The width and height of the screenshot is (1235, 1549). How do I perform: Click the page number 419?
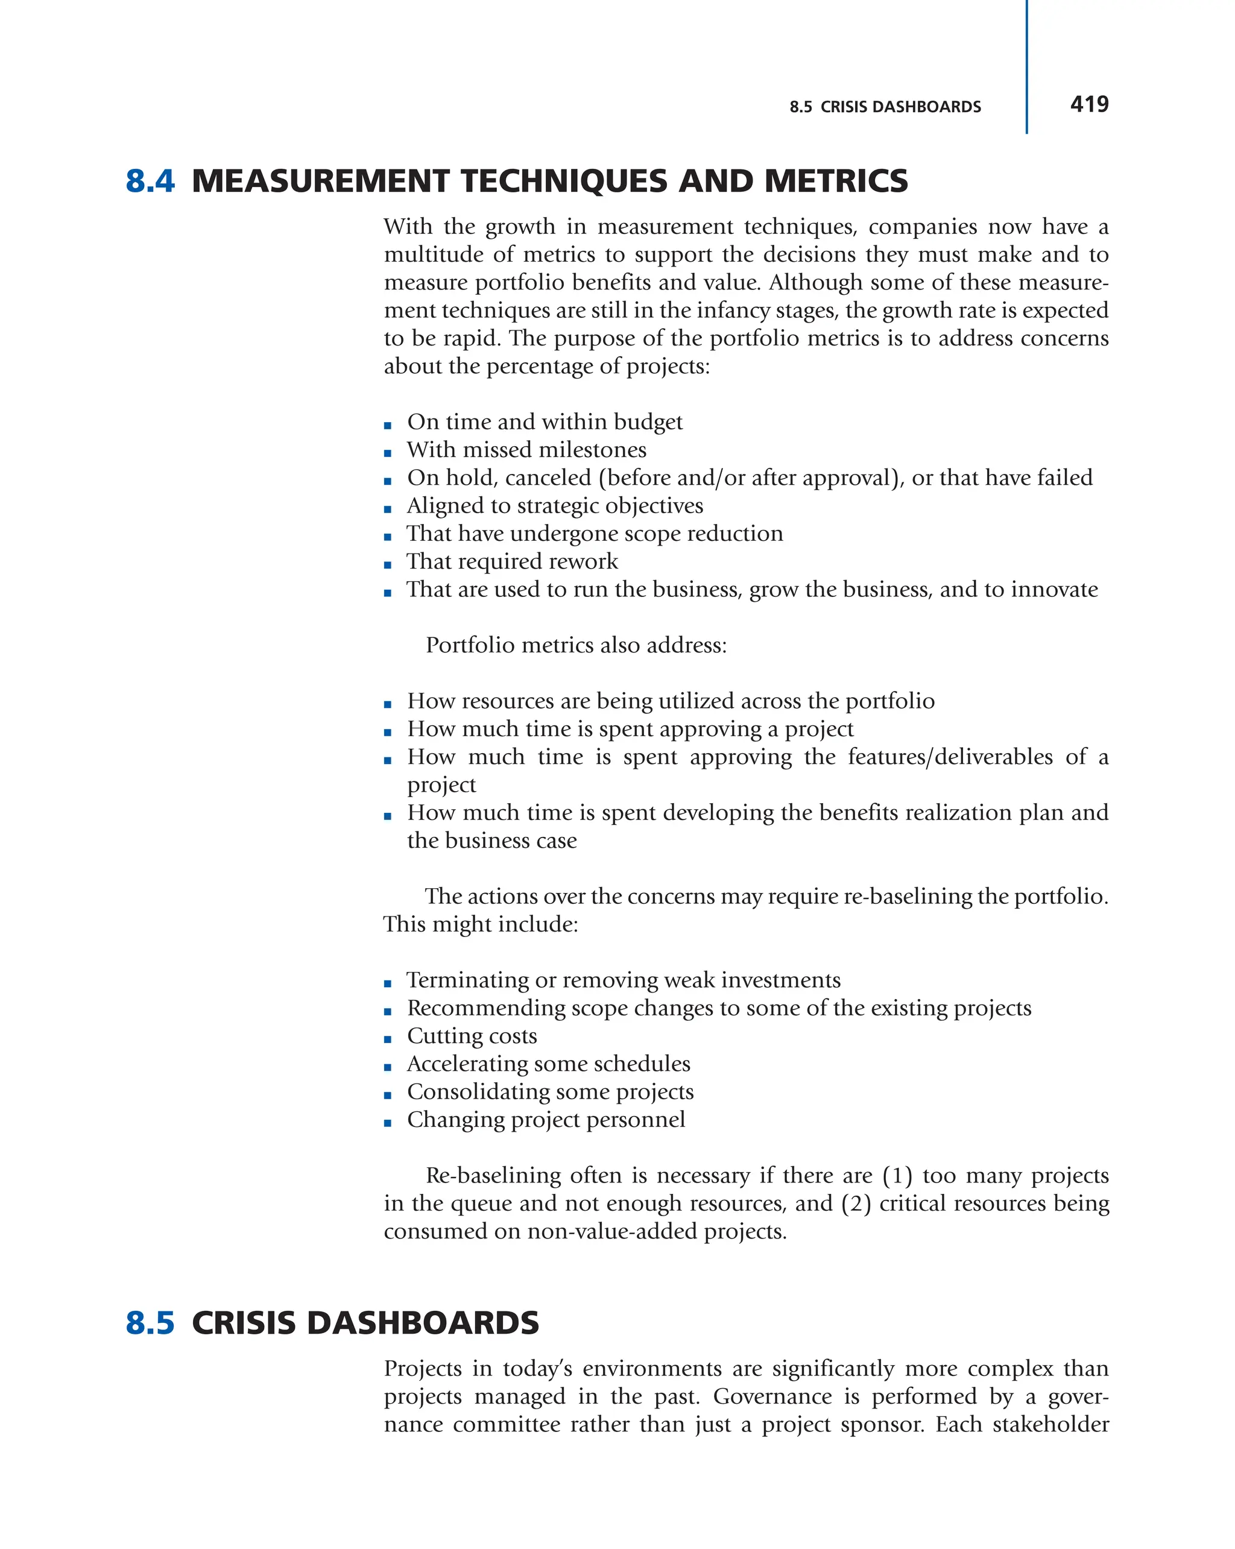(x=1088, y=104)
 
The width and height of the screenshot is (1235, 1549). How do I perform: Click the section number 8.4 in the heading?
(x=150, y=181)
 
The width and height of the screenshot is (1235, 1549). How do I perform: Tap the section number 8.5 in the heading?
(x=150, y=1323)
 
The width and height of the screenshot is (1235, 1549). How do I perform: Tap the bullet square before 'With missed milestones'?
(x=388, y=453)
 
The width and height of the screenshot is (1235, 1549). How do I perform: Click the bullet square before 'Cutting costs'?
(x=388, y=1039)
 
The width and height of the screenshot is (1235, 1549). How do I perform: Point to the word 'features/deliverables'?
(x=950, y=757)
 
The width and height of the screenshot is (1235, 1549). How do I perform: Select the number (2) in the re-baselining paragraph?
(x=856, y=1204)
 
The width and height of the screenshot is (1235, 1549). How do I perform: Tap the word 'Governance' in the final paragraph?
(x=772, y=1396)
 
